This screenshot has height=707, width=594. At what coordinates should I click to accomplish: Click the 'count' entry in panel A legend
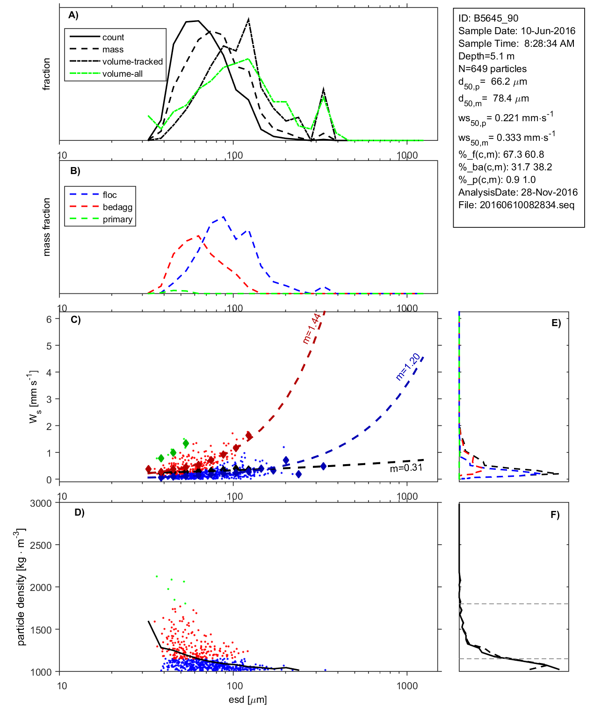pyautogui.click(x=113, y=37)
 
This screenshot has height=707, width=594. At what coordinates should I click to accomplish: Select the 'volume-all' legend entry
pyautogui.click(x=122, y=74)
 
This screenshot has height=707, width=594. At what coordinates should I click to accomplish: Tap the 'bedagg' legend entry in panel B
pyautogui.click(x=117, y=207)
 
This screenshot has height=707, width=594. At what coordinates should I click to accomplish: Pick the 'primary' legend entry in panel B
pyautogui.click(x=117, y=219)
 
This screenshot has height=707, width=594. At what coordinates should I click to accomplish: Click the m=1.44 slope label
pyautogui.click(x=312, y=328)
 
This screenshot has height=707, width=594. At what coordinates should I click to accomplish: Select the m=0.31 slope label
pyautogui.click(x=406, y=468)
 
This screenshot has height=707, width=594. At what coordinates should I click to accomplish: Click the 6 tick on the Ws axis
pyautogui.click(x=49, y=319)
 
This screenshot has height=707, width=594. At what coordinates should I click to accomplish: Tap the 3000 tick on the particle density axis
pyautogui.click(x=41, y=503)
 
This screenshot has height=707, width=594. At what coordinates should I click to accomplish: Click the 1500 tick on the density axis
pyautogui.click(x=41, y=630)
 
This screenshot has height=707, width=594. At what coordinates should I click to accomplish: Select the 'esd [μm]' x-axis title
pyautogui.click(x=248, y=700)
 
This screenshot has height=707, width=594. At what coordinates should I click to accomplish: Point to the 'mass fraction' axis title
pyautogui.click(x=46, y=227)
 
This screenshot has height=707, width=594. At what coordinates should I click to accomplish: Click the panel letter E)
pyautogui.click(x=556, y=323)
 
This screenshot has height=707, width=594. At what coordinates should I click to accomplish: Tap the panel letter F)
pyautogui.click(x=555, y=515)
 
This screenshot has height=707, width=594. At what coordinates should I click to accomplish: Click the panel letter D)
pyautogui.click(x=80, y=512)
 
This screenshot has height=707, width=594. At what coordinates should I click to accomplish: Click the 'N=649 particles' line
pyautogui.click(x=493, y=69)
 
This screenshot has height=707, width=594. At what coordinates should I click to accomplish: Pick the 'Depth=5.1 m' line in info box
pyautogui.click(x=486, y=56)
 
